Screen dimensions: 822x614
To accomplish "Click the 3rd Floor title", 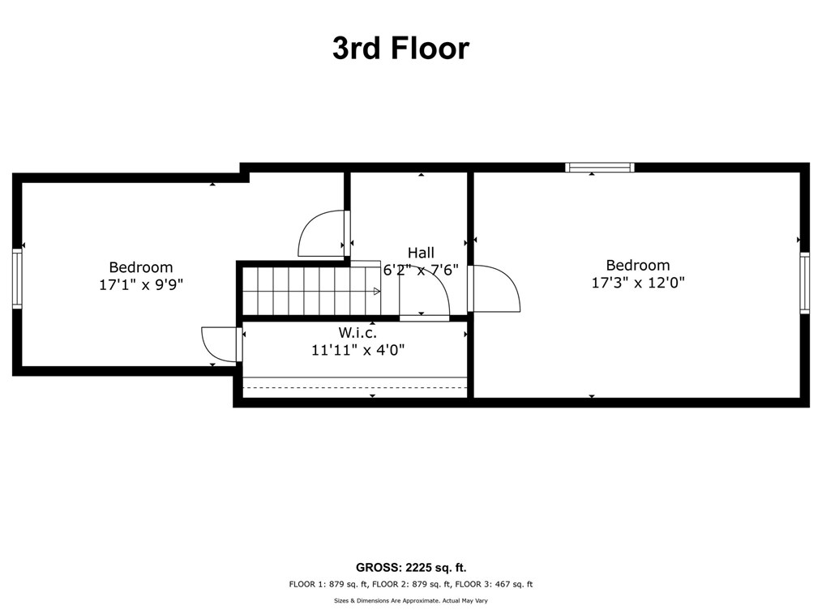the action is coord(401,49).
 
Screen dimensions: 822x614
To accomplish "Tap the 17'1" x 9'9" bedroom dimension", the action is coord(141,285).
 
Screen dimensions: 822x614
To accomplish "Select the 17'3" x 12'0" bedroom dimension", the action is coord(638,283).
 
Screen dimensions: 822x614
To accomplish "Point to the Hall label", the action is coord(421,253).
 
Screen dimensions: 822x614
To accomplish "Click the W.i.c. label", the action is coord(357,333).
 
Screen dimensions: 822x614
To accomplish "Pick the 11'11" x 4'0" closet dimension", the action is coord(358,349).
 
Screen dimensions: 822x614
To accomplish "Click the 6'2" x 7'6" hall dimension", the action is coord(421,271).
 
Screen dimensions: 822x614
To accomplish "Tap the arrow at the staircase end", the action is coord(376,292).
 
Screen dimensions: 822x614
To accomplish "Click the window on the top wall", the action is coord(600,168).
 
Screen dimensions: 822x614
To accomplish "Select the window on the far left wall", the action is coord(17,278).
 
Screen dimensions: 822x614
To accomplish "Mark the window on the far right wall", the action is coord(805,283).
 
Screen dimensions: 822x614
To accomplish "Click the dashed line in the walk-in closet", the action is coord(355,388).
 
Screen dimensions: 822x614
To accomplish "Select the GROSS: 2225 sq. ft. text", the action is coord(411,567).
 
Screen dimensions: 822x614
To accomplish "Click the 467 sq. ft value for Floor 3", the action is coord(514,584).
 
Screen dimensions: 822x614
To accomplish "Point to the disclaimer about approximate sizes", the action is coord(411,601).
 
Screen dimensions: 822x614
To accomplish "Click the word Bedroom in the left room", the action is coord(141,267).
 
